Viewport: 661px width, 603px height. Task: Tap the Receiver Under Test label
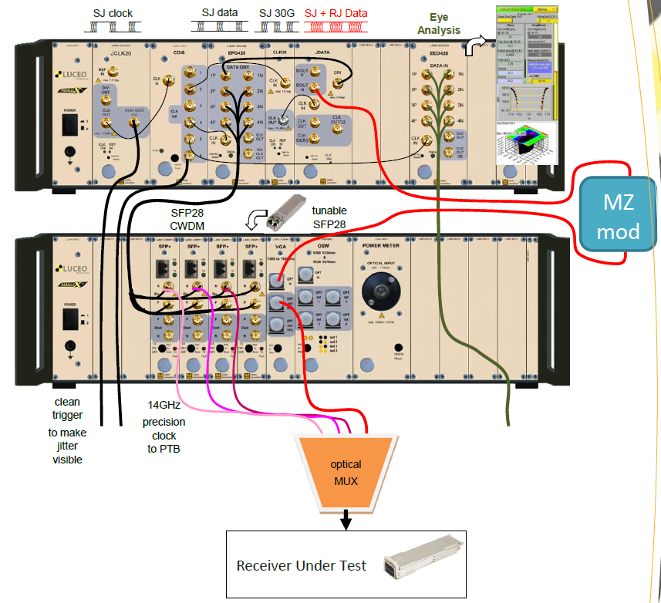301,565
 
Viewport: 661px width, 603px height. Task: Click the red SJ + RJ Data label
336,13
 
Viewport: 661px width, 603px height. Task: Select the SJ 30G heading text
275,13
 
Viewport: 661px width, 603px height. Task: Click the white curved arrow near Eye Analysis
476,47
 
